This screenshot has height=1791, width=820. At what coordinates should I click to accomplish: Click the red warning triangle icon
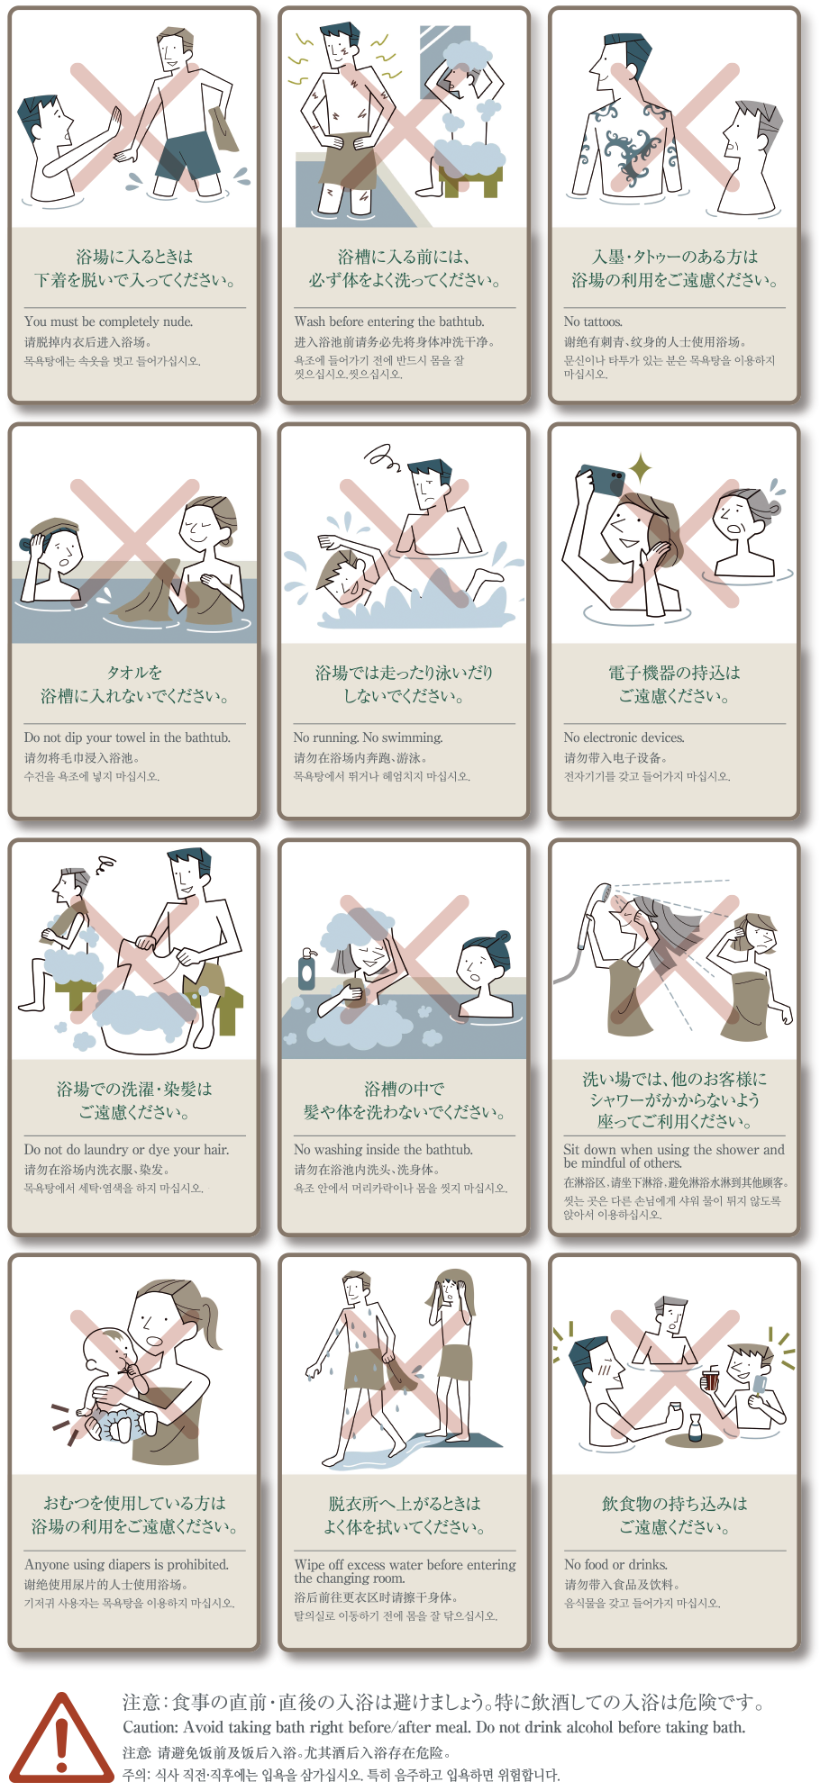61,1739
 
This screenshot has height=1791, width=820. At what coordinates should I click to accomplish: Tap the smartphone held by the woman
602,481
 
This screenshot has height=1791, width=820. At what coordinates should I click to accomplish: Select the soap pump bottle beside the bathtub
307,970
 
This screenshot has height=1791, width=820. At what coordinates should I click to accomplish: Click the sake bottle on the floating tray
695,1427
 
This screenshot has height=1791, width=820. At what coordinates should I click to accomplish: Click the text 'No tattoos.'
593,321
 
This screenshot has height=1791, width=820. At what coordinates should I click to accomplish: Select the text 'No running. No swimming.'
368,737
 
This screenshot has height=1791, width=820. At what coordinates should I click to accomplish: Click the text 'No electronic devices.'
624,737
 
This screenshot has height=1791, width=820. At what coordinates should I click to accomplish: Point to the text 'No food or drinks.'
615,1565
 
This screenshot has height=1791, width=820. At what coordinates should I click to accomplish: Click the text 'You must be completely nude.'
108,321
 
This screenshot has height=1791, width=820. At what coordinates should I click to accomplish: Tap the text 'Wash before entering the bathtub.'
389,321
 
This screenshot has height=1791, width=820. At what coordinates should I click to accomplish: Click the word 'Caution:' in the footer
150,1728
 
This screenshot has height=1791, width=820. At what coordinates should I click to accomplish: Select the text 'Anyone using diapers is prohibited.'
126,1565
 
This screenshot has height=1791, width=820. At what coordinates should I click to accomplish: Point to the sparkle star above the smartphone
641,468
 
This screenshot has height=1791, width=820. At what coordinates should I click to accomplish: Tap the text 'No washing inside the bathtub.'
383,1150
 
